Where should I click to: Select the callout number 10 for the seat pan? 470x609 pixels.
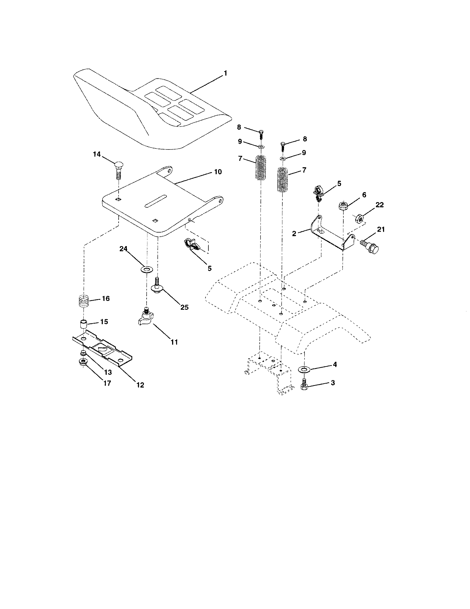click(x=218, y=172)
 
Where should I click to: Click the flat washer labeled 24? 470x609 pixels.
click(x=146, y=269)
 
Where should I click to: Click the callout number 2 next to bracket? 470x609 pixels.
click(x=294, y=234)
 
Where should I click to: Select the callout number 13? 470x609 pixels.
click(x=108, y=372)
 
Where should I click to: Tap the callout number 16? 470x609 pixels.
click(x=106, y=298)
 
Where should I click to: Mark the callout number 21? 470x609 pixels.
click(x=381, y=229)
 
